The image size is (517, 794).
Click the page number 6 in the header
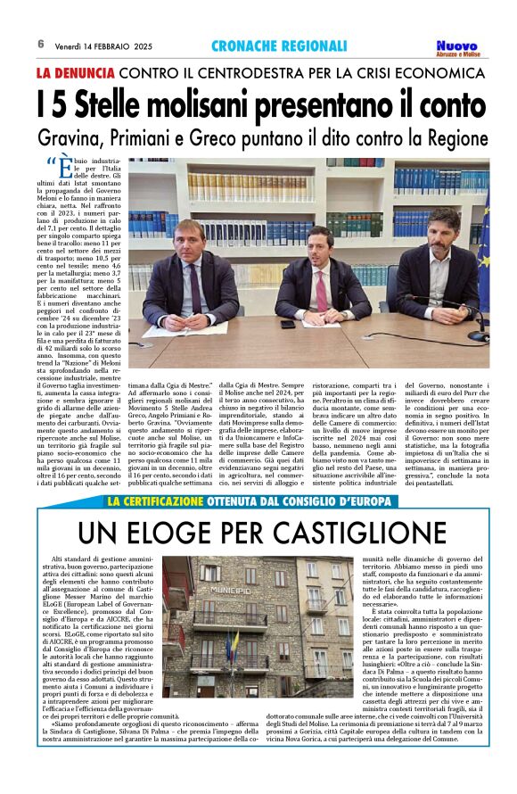coord(41,44)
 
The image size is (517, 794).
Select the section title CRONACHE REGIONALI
coord(279,45)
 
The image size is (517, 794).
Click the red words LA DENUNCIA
coord(75,71)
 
